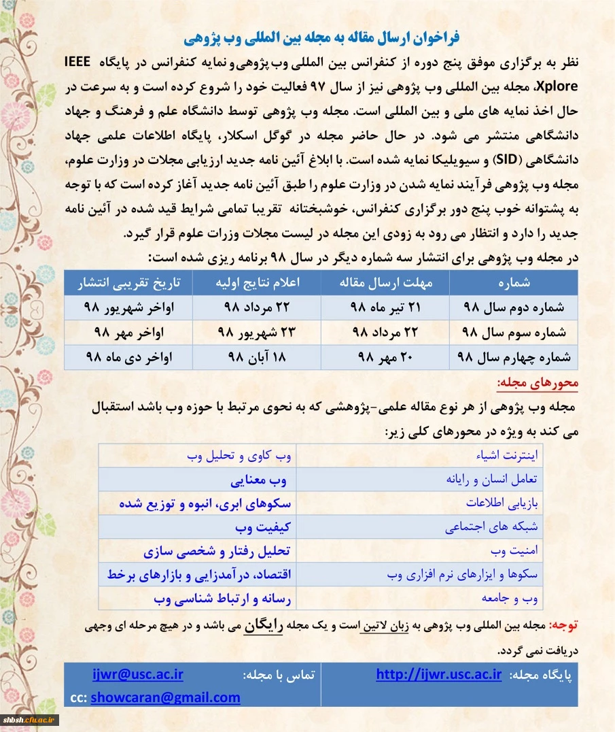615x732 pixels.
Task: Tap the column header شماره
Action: (518, 282)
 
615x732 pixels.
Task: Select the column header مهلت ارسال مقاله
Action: (386, 282)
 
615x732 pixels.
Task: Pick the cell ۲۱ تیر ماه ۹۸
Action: (386, 307)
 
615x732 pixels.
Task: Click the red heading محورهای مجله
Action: (538, 384)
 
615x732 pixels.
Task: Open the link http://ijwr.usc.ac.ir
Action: (438, 675)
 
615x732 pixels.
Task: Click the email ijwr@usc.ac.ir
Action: (138, 675)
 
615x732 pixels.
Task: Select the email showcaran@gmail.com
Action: (165, 697)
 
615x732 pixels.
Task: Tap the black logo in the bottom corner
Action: (31, 720)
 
